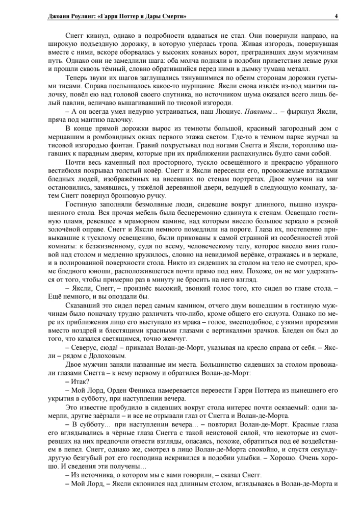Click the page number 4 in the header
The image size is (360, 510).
coord(336,16)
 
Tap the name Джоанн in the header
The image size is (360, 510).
coord(59,16)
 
